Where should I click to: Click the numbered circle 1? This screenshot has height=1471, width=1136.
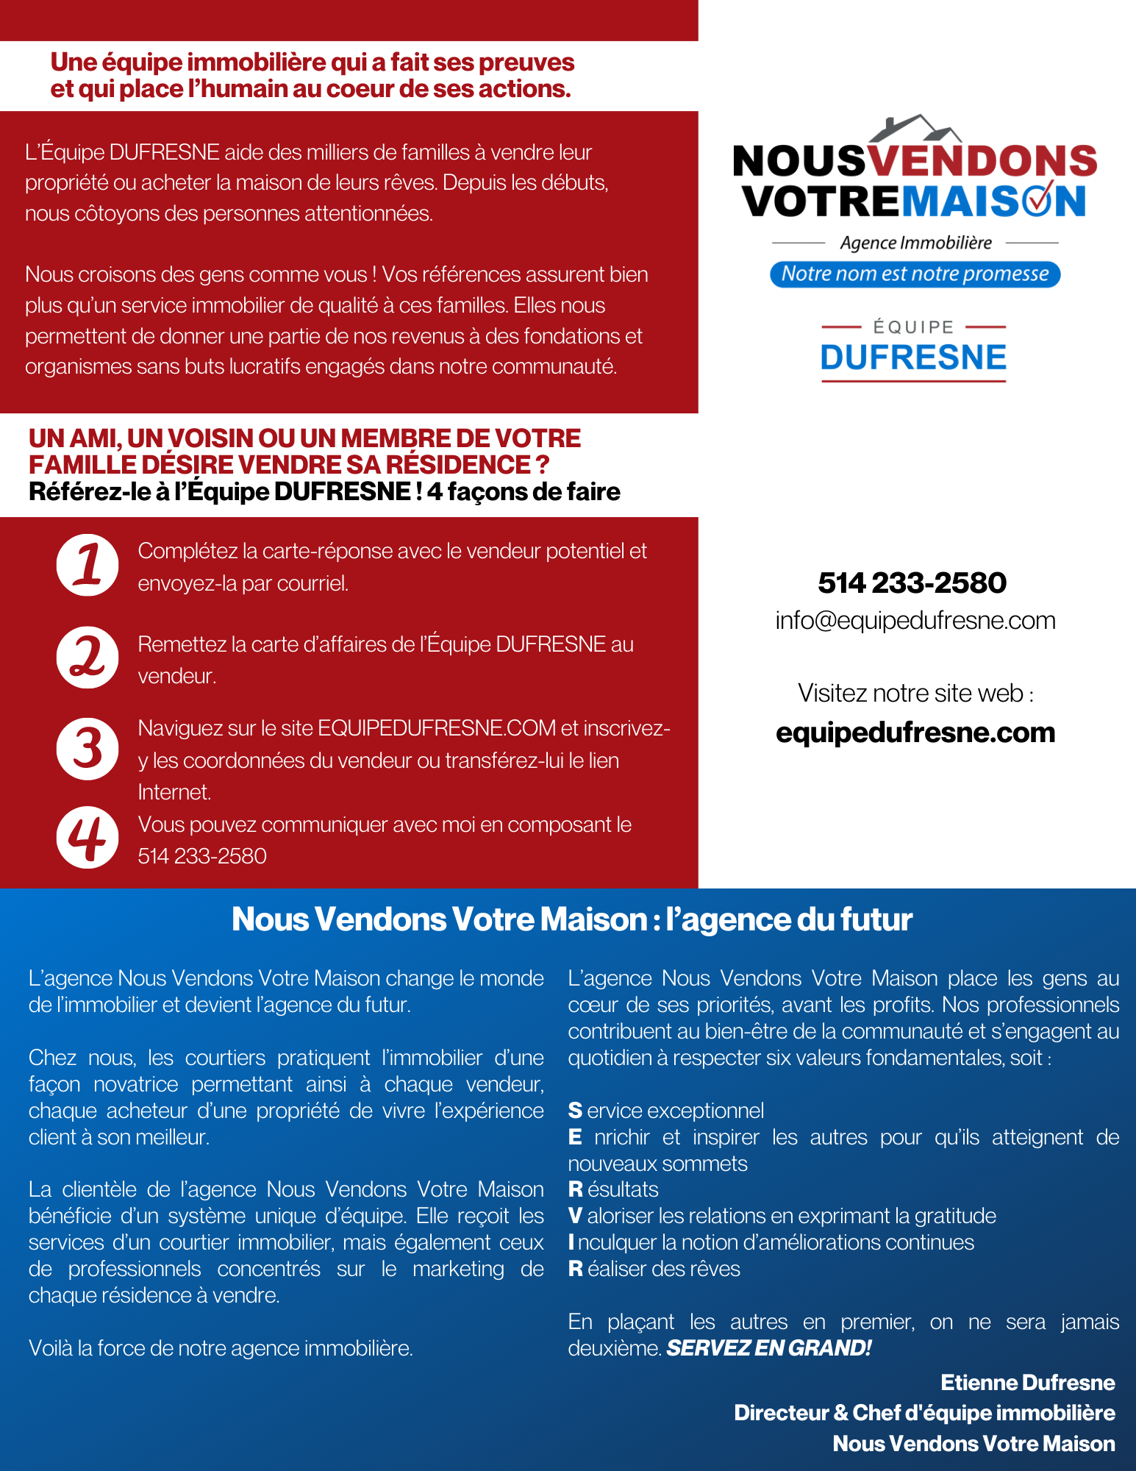point(87,565)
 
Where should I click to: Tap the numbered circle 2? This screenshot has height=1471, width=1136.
point(87,658)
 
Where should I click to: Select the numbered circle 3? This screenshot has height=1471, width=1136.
point(87,749)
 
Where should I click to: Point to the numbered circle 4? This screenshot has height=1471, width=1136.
point(87,838)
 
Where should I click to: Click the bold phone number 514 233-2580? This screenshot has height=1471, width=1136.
point(912,583)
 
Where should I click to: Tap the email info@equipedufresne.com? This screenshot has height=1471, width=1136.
point(915,621)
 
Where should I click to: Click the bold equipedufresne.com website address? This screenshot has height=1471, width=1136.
point(915,733)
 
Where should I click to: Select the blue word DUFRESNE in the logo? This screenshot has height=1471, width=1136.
point(913,357)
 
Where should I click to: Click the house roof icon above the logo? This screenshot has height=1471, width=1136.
point(915,128)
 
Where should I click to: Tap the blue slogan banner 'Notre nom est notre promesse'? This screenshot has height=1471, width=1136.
point(915,274)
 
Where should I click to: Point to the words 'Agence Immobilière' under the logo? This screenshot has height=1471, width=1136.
point(915,243)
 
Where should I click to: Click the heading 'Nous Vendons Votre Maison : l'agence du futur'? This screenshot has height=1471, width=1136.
point(571,919)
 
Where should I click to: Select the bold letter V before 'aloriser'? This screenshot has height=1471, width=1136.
point(575,1217)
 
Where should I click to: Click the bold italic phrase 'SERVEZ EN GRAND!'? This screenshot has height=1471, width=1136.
point(768,1348)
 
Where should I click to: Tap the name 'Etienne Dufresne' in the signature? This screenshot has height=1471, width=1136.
point(1027,1383)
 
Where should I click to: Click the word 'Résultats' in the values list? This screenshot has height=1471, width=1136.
point(613,1190)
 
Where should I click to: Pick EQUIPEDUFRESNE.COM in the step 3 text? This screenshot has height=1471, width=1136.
point(437,728)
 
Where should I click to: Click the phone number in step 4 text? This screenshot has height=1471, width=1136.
point(202,856)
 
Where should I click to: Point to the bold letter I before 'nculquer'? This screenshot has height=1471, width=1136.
point(571,1243)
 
